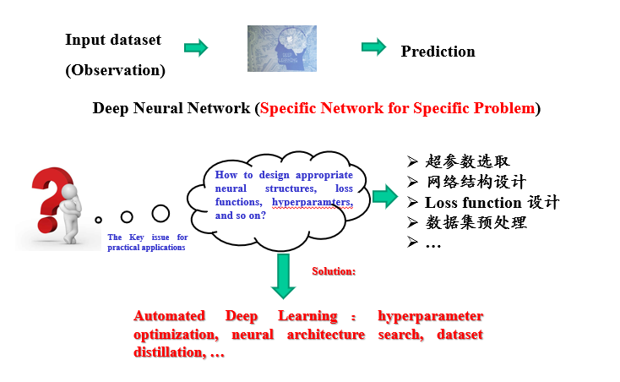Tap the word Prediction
[438, 52]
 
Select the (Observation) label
[115, 70]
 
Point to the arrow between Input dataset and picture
[196, 47]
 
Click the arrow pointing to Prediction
[373, 46]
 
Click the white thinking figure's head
[71, 192]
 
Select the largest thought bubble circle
[160, 214]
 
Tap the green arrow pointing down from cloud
[283, 274]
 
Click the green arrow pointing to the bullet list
[384, 197]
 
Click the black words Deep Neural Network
[171, 108]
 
